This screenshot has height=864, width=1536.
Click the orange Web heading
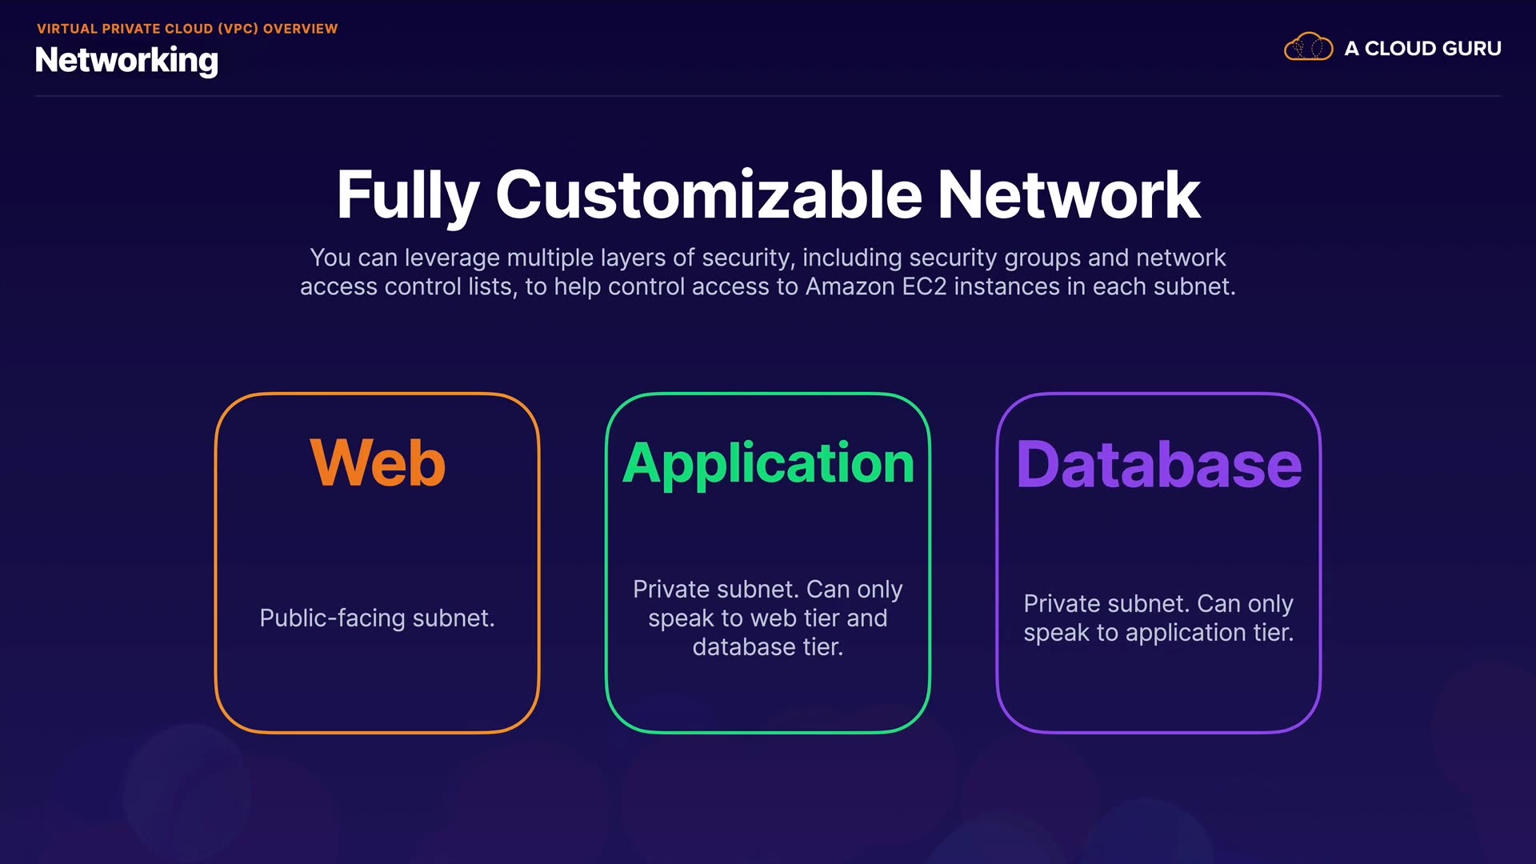coord(378,462)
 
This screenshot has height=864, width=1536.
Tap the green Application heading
coord(768,464)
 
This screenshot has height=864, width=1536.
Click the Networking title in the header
coord(126,61)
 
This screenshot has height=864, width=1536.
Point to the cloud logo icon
coord(1308,47)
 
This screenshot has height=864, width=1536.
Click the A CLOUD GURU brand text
coord(1422,49)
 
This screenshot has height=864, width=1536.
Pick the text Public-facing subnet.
coord(378,618)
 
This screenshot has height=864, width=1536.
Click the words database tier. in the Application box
coord(768,646)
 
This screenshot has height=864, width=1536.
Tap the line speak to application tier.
coord(1158,633)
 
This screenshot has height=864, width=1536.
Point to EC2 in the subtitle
coord(924,286)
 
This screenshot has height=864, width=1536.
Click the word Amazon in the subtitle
coord(850,286)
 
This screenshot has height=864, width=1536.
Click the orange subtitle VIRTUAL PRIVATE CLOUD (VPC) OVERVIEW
coord(187,29)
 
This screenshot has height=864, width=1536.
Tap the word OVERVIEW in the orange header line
coord(301,29)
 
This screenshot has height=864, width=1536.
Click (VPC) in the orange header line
coord(238,29)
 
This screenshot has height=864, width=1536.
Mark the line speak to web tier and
coord(768,618)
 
